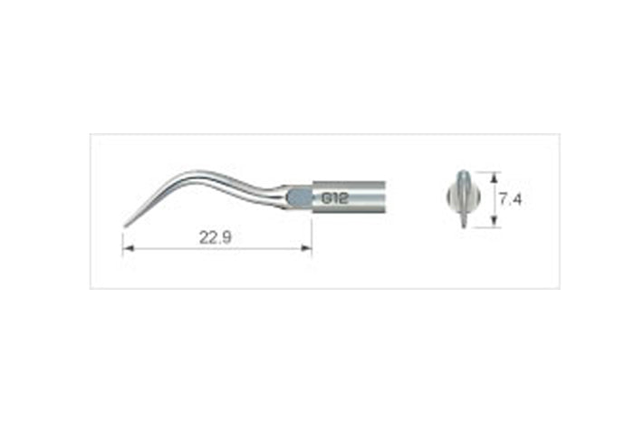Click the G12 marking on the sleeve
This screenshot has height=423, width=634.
(336, 197)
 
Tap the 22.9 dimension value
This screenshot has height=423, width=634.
(216, 237)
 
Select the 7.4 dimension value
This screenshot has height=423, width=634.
(510, 199)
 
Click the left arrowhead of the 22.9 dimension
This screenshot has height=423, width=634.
(129, 248)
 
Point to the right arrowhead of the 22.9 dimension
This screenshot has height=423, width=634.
(306, 248)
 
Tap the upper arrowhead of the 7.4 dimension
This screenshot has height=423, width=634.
(494, 177)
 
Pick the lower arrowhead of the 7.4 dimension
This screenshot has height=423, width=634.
(494, 222)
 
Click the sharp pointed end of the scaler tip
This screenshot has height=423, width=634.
(125, 226)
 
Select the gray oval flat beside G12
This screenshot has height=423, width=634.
(300, 197)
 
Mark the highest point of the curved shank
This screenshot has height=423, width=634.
(197, 171)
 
